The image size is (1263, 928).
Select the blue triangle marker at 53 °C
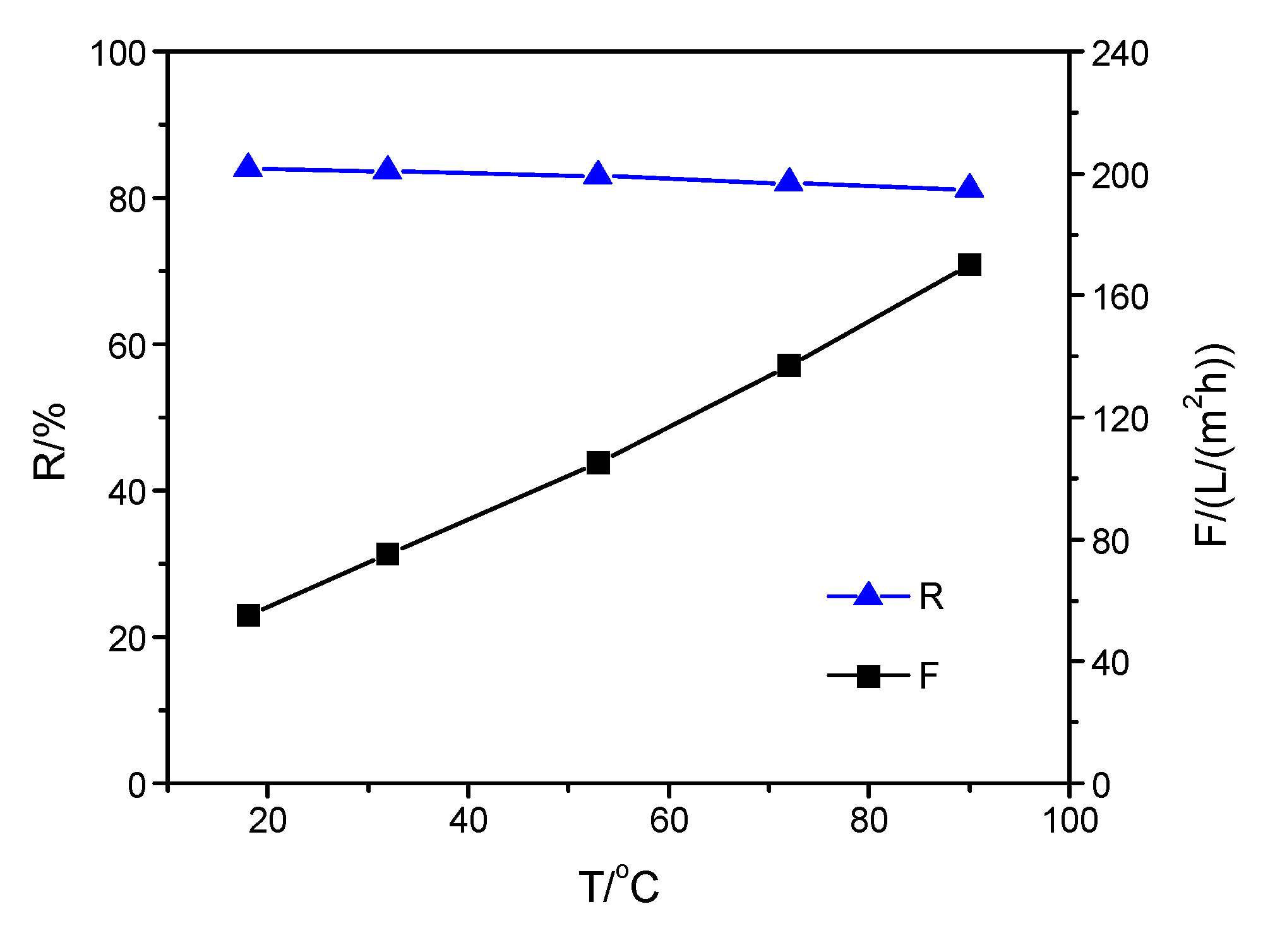click(598, 174)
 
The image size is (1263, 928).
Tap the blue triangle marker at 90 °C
click(969, 188)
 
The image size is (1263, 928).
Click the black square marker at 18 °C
click(248, 615)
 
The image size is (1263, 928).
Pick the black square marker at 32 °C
click(388, 554)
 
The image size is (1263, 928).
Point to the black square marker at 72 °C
click(789, 366)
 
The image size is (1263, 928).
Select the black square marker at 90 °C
click(969, 265)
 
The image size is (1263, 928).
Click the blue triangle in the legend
click(868, 595)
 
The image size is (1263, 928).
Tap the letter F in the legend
click(929, 676)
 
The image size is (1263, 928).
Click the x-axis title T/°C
click(619, 886)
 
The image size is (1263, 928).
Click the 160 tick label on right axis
click(1120, 297)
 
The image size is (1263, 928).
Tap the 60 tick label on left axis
click(127, 346)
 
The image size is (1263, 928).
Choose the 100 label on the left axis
click(118, 54)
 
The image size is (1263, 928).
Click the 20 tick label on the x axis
click(268, 821)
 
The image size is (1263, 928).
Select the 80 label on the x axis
click(869, 821)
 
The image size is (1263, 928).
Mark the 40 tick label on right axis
click(1110, 663)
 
